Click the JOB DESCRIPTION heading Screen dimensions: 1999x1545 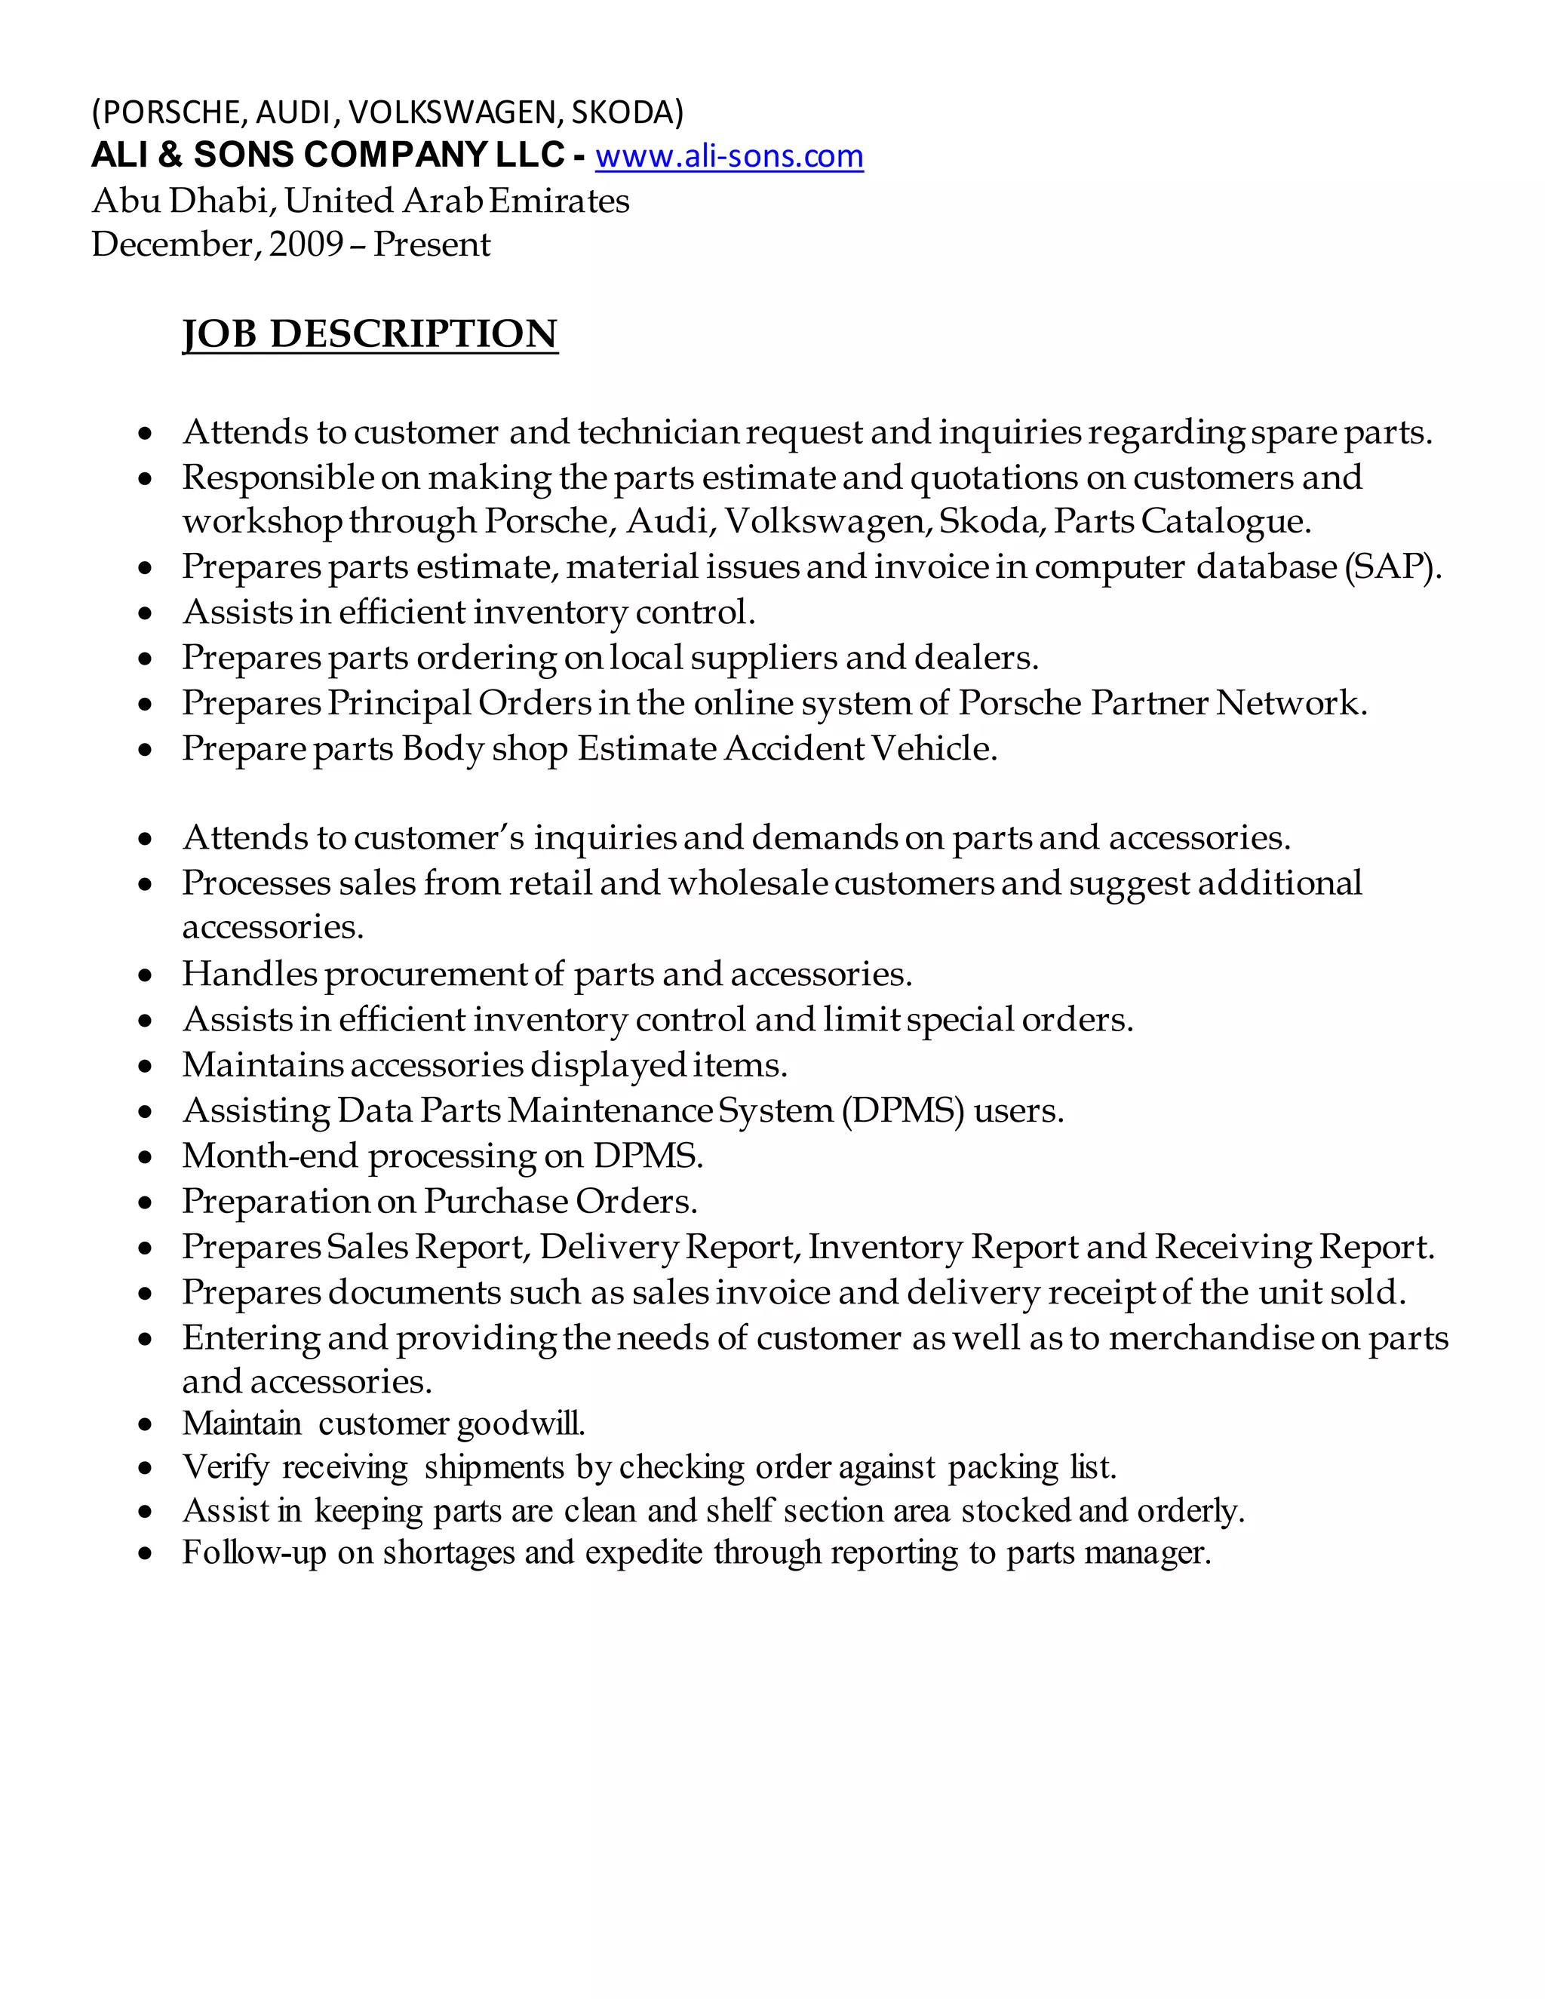tap(370, 334)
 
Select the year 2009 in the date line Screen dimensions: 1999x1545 tap(306, 244)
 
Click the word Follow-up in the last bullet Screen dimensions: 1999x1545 tap(253, 1552)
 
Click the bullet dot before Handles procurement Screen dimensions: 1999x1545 tap(146, 975)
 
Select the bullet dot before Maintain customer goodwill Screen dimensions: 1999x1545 tap(146, 1425)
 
